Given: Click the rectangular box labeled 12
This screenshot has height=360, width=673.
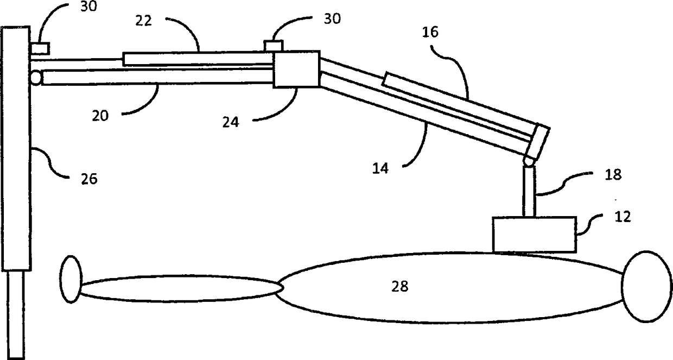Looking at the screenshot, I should [534, 234].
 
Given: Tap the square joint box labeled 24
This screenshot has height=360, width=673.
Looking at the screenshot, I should [296, 69].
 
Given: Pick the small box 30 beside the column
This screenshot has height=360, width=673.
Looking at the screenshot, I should [39, 48].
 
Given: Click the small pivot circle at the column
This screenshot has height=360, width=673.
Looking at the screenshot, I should [36, 78].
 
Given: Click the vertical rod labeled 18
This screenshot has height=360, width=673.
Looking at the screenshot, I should [529, 191].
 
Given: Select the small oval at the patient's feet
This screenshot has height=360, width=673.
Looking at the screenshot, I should [71, 279].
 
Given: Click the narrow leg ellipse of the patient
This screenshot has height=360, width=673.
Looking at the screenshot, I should [179, 288].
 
